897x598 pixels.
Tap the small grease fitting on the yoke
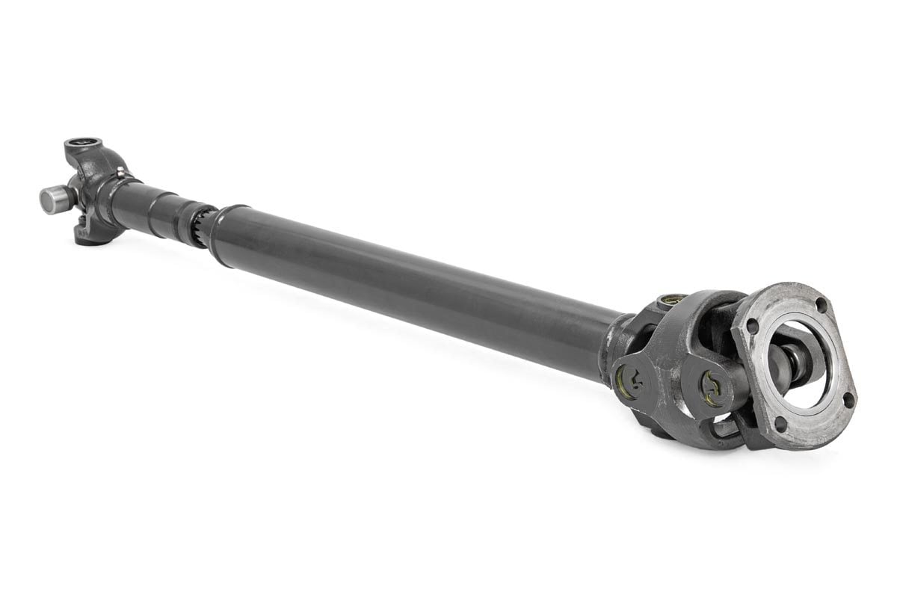[x=120, y=173]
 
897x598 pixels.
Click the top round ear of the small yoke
[x=83, y=145]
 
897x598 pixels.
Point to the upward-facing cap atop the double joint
[x=672, y=301]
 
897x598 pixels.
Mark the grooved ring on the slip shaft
[x=175, y=218]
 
